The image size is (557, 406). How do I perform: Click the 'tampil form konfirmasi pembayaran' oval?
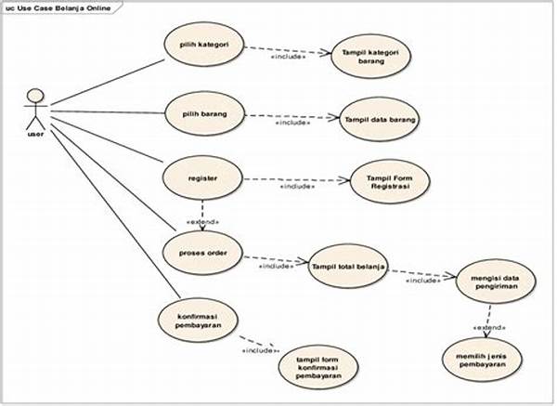tap(318, 367)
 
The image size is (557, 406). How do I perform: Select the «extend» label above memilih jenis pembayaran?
tap(489, 327)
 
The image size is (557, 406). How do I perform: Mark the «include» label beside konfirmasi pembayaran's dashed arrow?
tap(260, 351)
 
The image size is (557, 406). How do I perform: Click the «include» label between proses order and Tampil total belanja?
tap(277, 266)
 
